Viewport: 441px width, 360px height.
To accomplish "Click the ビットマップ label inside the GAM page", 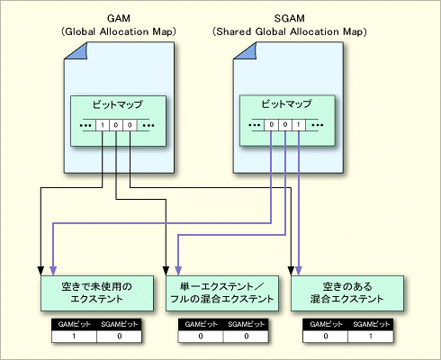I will [117, 104].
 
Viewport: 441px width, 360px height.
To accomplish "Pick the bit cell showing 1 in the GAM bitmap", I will [103, 124].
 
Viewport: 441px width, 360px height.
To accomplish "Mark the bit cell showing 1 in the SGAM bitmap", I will [299, 124].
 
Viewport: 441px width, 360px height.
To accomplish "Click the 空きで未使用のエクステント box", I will [90, 292].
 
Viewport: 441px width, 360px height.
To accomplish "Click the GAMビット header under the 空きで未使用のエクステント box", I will [68, 321].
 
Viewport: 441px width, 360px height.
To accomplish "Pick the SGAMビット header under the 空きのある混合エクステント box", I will [370, 321].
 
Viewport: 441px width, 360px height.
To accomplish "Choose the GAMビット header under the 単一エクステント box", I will [198, 321].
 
